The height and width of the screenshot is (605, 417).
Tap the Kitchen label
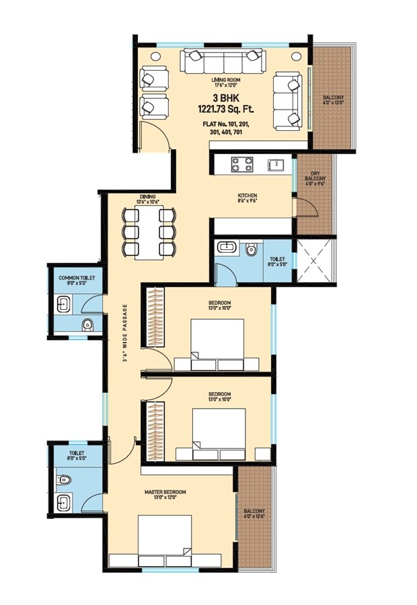pyautogui.click(x=247, y=197)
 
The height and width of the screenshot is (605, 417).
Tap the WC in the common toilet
pyautogui.click(x=86, y=326)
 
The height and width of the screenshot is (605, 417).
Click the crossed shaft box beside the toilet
pyautogui.click(x=315, y=259)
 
